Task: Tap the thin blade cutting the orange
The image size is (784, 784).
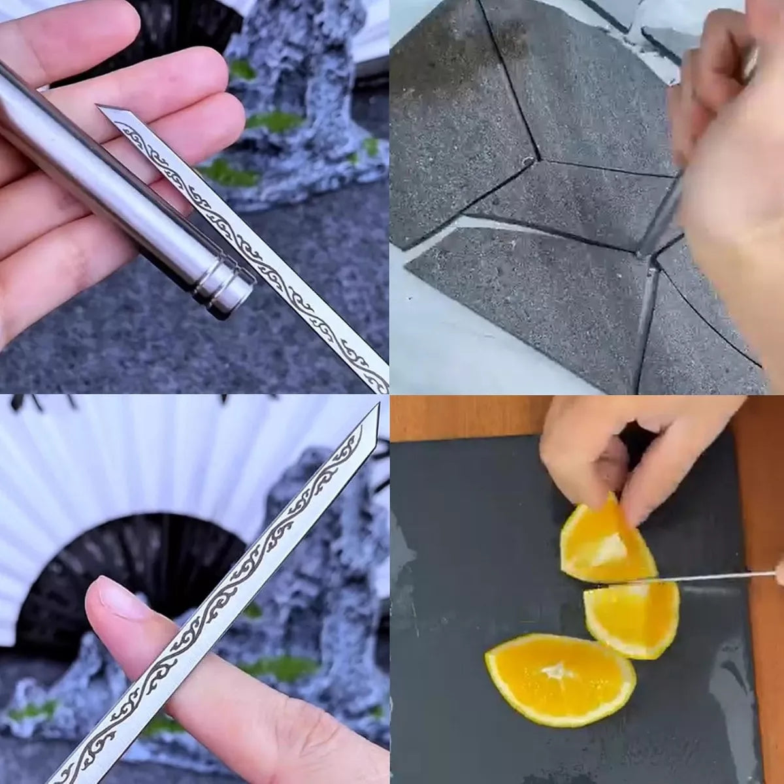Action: point(719,576)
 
